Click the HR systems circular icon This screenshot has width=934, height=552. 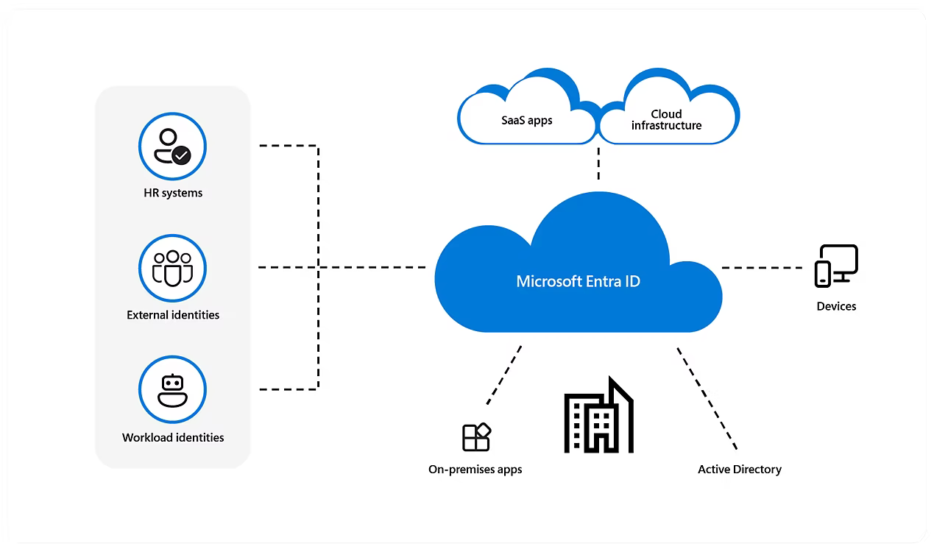(172, 146)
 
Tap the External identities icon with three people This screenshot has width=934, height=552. (172, 269)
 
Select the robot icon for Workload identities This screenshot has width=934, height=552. (172, 390)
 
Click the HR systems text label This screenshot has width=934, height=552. (173, 193)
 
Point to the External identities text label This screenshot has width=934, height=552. (173, 315)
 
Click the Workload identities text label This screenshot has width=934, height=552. (173, 437)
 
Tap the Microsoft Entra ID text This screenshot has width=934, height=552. (578, 281)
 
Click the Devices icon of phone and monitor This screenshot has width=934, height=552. (836, 266)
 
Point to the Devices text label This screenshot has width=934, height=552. (836, 306)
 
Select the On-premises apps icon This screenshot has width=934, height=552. (476, 437)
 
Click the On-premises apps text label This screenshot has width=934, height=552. (475, 470)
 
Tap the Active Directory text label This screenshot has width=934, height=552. (740, 470)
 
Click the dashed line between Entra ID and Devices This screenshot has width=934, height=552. (762, 268)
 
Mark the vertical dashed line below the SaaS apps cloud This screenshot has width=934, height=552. (598, 163)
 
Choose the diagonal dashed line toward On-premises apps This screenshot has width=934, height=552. (504, 375)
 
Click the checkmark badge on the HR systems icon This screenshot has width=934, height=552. (182, 155)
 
